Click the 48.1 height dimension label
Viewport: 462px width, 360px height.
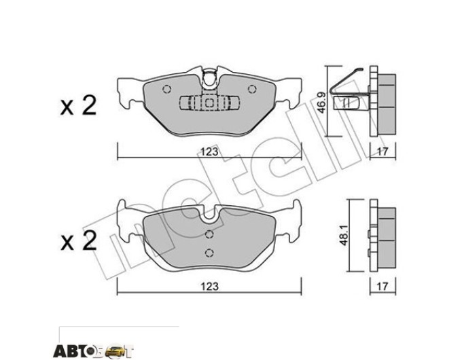(343, 236)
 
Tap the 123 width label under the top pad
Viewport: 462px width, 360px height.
(209, 151)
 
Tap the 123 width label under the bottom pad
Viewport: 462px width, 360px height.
(209, 287)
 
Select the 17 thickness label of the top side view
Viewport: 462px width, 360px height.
(383, 151)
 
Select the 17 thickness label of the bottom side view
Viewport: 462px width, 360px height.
(383, 287)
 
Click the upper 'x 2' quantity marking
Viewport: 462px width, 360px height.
(78, 106)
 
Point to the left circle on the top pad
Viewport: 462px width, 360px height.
(166, 89)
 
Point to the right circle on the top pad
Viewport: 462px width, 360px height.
(252, 89)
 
